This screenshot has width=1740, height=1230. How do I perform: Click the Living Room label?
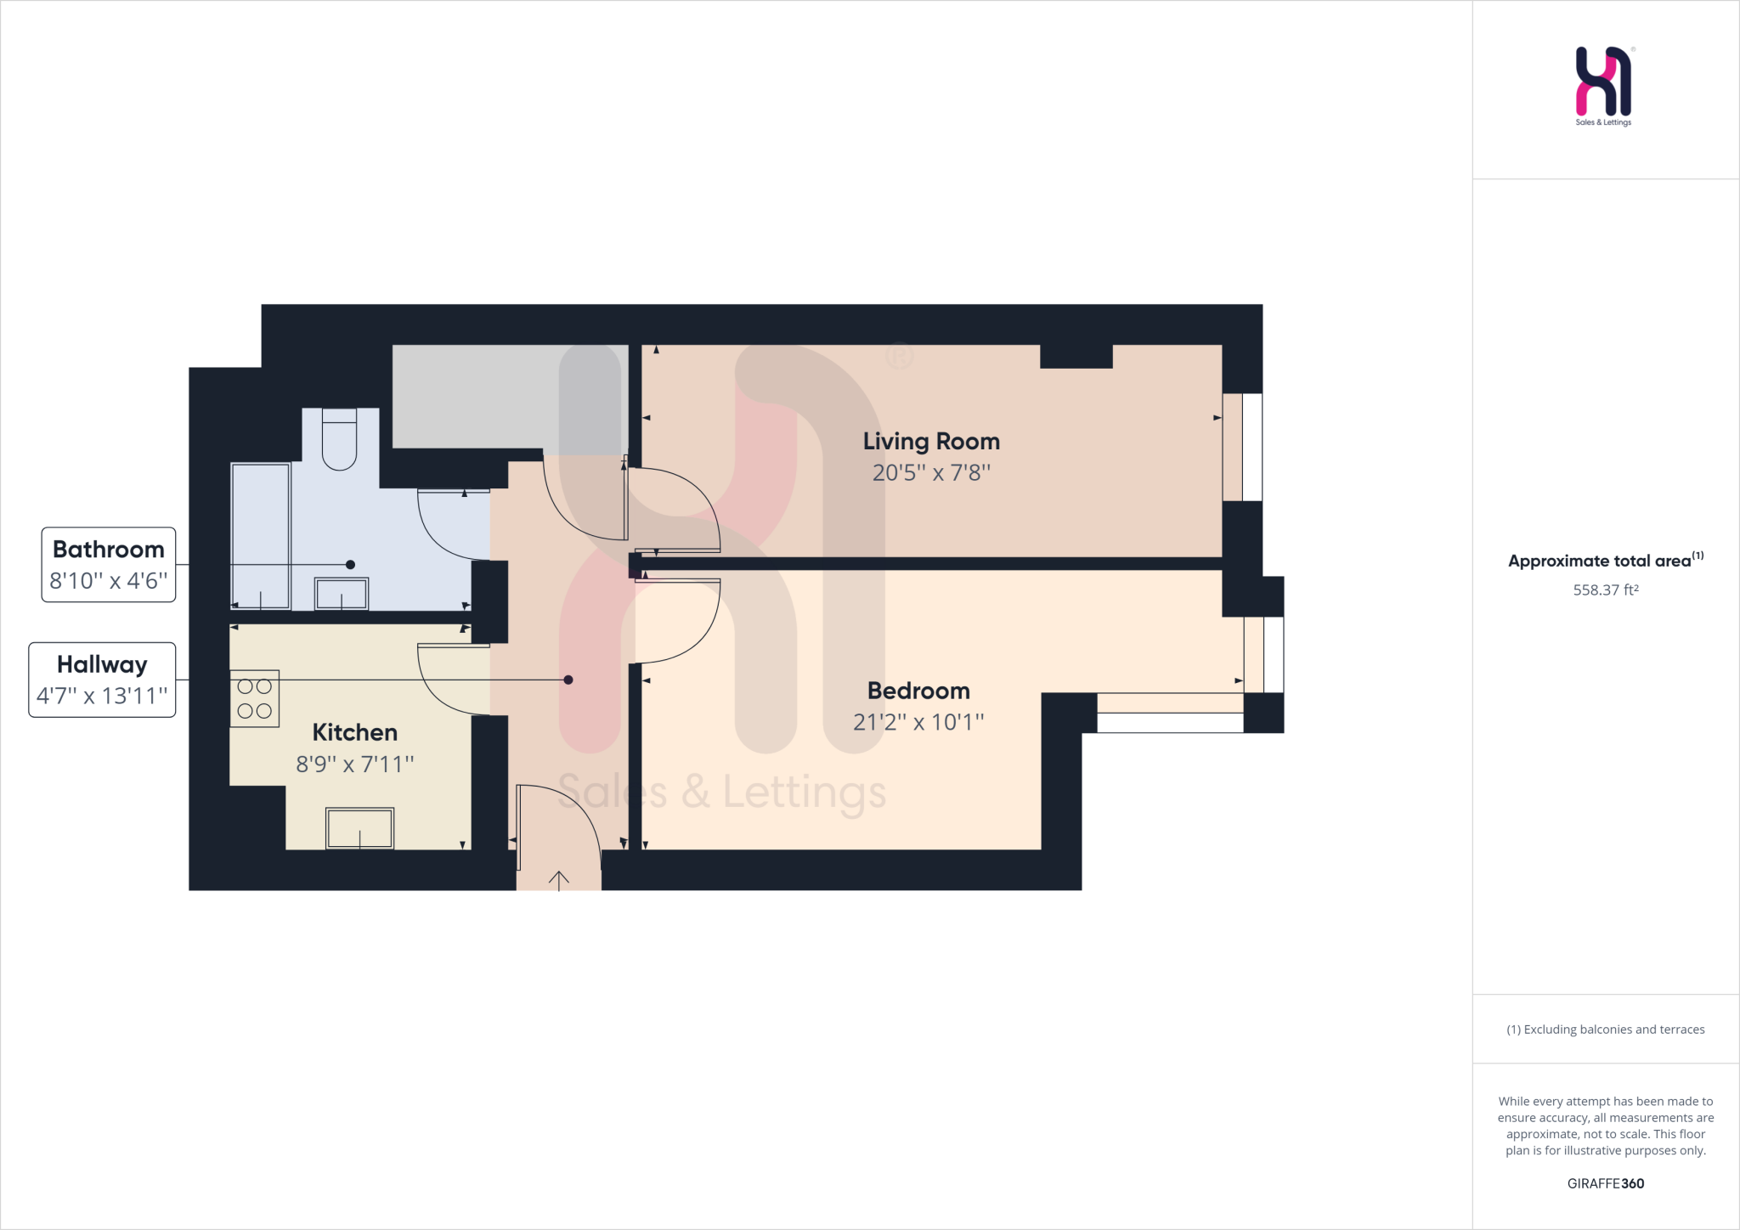pos(931,442)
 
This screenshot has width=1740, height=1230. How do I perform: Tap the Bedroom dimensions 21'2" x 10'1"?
pos(918,722)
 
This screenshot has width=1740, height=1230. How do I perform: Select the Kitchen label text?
pos(354,732)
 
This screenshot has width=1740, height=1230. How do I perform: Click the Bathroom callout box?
pos(109,565)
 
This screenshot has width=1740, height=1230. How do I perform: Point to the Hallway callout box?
pos(102,680)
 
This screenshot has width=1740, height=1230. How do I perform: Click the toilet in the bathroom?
pos(339,440)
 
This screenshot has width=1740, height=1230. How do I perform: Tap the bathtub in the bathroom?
pos(260,535)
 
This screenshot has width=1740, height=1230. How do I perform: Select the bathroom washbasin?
pos(342,593)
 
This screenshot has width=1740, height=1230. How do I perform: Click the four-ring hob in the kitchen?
pos(255,698)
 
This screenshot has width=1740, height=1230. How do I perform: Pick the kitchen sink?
pos(360,828)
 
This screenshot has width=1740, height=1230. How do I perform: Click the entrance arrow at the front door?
pos(559,880)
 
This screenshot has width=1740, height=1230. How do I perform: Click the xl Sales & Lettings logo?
pos(1603,85)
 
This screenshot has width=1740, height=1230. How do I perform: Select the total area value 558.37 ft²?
pos(1605,590)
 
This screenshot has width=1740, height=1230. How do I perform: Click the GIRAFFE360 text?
pos(1605,1183)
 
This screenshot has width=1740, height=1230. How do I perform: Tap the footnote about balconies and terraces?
pos(1605,1030)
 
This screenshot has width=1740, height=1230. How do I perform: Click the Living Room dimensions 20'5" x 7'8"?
pos(931,473)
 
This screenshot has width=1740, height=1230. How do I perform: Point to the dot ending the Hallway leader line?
pos(568,680)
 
